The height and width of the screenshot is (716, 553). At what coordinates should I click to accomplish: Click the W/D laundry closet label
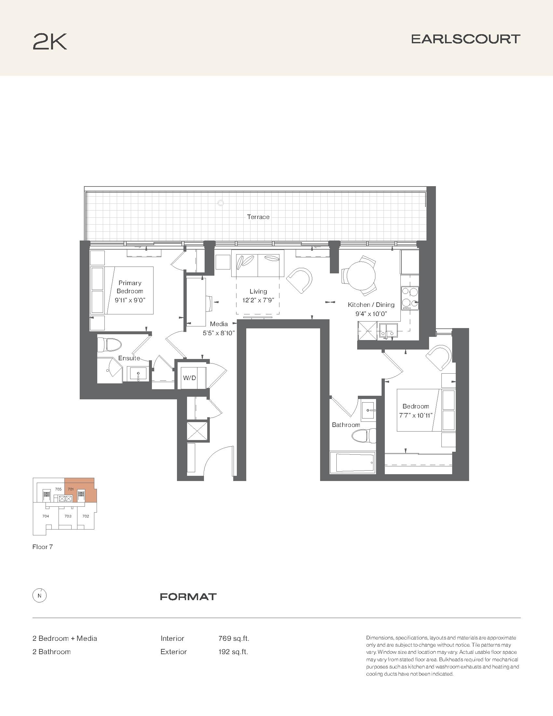pyautogui.click(x=189, y=378)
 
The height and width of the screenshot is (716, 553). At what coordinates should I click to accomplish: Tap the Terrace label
pyautogui.click(x=258, y=217)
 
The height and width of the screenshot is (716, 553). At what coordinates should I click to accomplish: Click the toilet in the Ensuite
pyautogui.click(x=109, y=345)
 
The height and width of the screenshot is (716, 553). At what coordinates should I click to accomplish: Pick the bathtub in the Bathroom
pyautogui.click(x=353, y=463)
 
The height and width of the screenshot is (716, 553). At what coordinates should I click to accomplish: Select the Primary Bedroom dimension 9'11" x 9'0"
pyautogui.click(x=130, y=300)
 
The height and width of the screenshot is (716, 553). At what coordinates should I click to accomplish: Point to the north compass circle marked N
pyautogui.click(x=40, y=596)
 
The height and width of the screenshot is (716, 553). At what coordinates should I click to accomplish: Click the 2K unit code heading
pyautogui.click(x=50, y=42)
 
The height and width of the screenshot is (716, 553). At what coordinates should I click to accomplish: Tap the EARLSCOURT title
pyautogui.click(x=465, y=39)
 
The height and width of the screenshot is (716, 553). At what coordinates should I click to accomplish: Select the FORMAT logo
pyautogui.click(x=188, y=597)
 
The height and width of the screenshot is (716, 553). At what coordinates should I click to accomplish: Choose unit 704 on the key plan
pyautogui.click(x=46, y=516)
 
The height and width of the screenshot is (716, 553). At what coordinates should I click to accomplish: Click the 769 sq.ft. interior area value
pyautogui.click(x=234, y=638)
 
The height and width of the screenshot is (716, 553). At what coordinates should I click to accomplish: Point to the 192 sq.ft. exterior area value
pyautogui.click(x=233, y=652)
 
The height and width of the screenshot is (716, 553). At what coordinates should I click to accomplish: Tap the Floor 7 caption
pyautogui.click(x=43, y=547)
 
